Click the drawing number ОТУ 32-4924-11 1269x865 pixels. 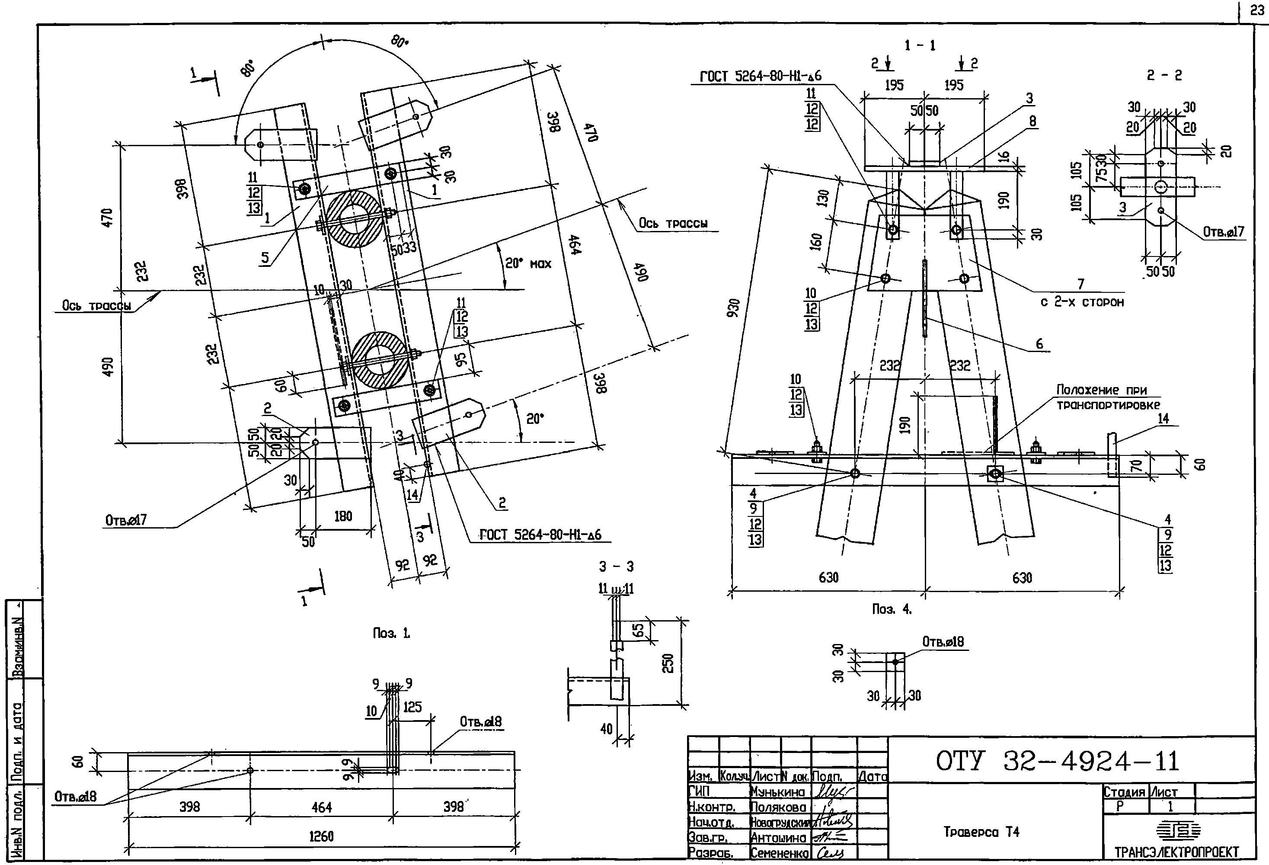(x=1057, y=761)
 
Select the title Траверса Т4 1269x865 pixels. (x=981, y=832)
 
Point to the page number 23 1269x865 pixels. (x=1256, y=10)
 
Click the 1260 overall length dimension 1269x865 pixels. (x=321, y=836)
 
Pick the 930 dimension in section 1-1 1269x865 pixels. (x=733, y=308)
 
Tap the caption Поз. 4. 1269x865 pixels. (x=892, y=609)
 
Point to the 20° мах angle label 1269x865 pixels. (x=528, y=264)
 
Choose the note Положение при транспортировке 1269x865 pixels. (x=1108, y=397)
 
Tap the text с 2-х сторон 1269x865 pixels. (x=1082, y=302)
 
